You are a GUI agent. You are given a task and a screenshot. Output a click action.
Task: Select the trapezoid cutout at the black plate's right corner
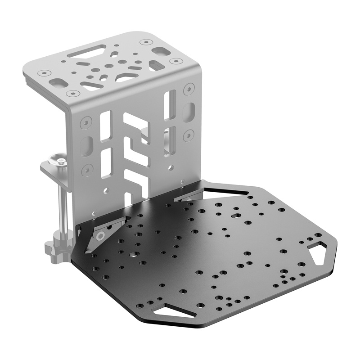click(x=318, y=252)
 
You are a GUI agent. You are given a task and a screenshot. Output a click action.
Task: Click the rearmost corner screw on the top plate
click(x=144, y=42)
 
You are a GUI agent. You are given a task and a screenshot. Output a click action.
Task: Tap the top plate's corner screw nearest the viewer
click(x=71, y=94)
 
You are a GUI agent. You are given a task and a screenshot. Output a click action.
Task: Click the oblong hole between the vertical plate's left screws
click(x=85, y=146)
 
